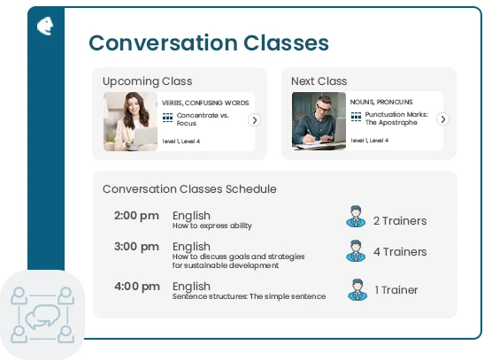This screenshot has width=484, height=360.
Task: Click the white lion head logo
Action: coord(45,26)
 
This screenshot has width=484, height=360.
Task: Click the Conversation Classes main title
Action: coord(209,42)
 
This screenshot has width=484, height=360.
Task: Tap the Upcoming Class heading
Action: coord(147,81)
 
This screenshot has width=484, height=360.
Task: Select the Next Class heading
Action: coord(319,81)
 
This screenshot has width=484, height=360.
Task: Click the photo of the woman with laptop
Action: coord(130,121)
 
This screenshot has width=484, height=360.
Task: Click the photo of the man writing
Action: coord(319,121)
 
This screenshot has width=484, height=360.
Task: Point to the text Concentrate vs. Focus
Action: coord(203,119)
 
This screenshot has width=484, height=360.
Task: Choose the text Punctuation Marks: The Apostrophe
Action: coord(396,119)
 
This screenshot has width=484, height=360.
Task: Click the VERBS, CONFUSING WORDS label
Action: coord(205,103)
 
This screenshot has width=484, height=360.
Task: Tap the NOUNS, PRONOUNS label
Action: coord(381,102)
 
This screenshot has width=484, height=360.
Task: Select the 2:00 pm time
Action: coord(136,215)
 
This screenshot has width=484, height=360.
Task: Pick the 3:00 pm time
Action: coord(136,247)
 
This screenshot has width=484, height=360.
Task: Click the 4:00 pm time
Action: coord(137,287)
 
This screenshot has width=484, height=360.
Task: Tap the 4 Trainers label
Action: coord(400,252)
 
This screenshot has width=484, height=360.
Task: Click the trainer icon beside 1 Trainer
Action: coord(357,289)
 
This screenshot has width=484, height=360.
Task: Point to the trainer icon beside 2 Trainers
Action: coord(356,216)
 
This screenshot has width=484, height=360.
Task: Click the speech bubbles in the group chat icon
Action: coord(42,317)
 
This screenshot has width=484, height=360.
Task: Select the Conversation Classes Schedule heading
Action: coord(189,188)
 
